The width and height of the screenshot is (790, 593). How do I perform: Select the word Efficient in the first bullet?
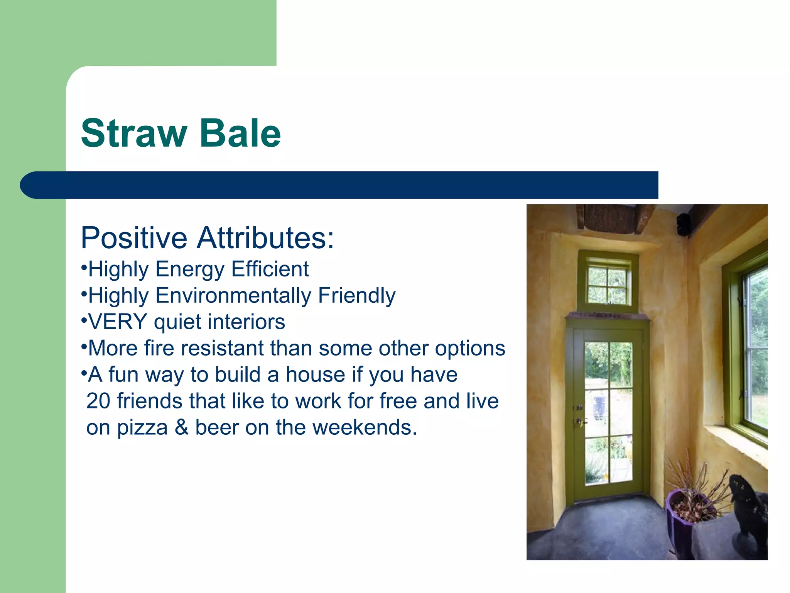tap(270, 269)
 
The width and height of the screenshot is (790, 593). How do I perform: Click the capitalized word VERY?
tap(118, 322)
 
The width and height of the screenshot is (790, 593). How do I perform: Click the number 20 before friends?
tap(98, 401)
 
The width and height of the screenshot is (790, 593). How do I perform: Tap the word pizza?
tap(142, 428)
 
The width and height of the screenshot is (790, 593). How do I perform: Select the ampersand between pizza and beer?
tap(181, 427)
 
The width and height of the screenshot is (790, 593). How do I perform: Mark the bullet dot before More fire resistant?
tap(83, 345)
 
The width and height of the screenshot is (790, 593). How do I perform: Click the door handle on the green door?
tap(580, 422)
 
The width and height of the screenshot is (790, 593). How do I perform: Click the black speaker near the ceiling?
tap(684, 225)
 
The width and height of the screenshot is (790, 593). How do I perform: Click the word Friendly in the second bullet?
tap(357, 296)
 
